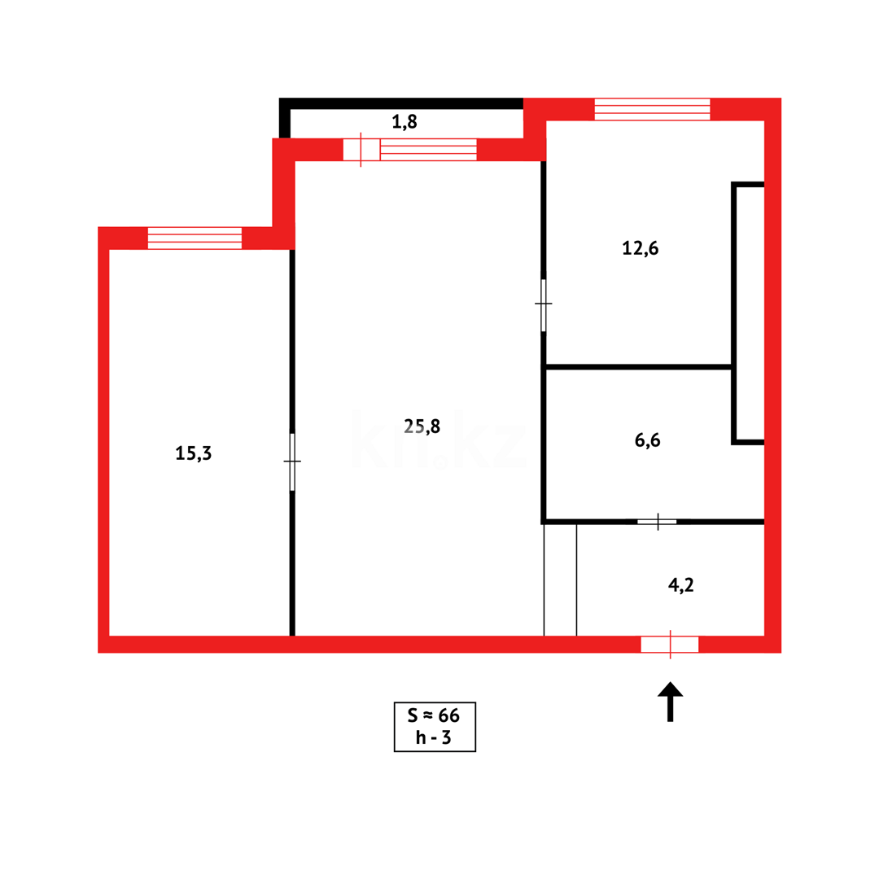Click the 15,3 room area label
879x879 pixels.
click(194, 453)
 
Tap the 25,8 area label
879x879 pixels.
click(422, 425)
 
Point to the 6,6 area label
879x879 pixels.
click(647, 440)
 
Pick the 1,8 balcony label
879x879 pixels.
click(405, 122)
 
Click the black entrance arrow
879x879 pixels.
click(670, 701)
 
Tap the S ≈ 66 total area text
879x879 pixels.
click(434, 715)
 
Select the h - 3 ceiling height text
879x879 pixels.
click(434, 737)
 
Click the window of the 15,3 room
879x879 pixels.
click(195, 238)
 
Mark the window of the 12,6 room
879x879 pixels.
click(652, 109)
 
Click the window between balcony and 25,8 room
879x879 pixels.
click(428, 150)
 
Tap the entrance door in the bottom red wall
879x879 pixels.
click(670, 645)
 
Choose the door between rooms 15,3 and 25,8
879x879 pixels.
click(292, 461)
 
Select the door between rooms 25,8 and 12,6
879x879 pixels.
click(544, 304)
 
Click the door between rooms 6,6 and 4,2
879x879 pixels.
click(657, 522)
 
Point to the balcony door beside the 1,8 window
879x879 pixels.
click(361, 150)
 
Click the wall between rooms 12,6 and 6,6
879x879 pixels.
click(637, 367)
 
